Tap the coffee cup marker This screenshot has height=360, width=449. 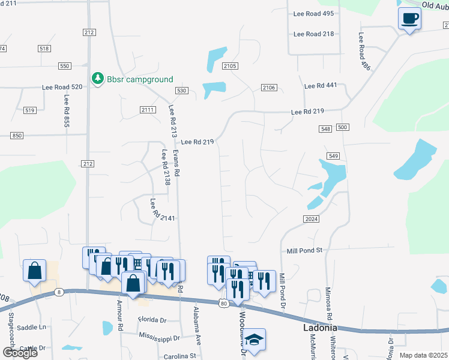pos(409,19)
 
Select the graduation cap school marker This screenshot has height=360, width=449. pos(254,340)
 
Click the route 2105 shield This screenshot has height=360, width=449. pos(230,66)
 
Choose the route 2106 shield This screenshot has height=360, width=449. pos(269,88)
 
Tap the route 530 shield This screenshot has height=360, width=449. pos(182,90)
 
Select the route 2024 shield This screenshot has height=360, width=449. pos(311,219)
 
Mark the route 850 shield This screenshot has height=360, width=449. pos(16,136)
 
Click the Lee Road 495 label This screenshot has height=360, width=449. pos(313,13)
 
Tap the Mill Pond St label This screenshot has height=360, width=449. pos(304,250)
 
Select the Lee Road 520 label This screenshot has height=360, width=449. pos(62,87)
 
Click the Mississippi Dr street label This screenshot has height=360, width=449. pos(159,337)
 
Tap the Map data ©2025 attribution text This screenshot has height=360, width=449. pos(423,355)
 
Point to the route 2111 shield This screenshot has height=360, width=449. pos(147,109)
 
